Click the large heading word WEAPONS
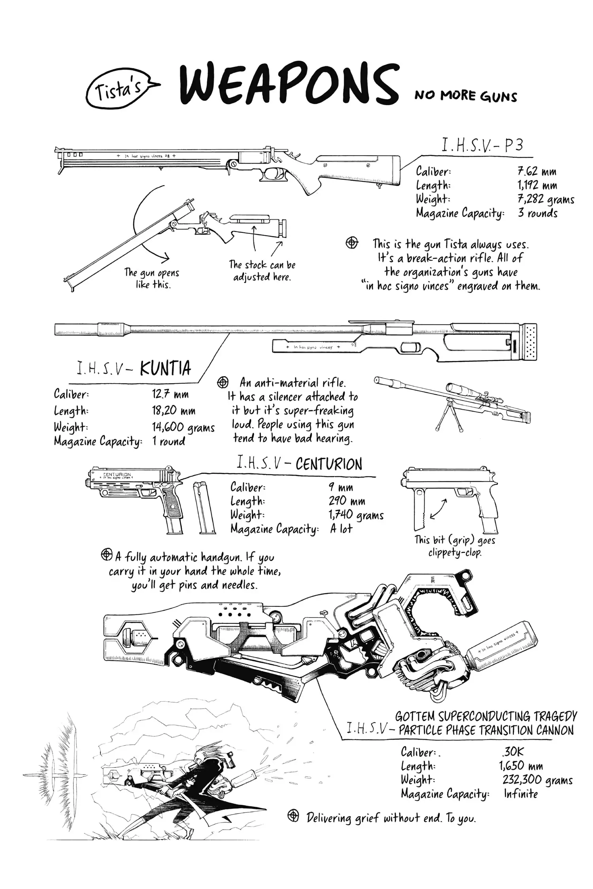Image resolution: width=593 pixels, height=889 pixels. pyautogui.click(x=289, y=87)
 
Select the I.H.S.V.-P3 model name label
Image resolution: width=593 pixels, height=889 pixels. pyautogui.click(x=482, y=146)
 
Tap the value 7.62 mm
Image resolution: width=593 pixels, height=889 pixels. pyautogui.click(x=537, y=172)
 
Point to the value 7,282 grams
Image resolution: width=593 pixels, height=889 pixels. pyautogui.click(x=546, y=200)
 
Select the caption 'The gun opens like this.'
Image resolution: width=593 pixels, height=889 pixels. pyautogui.click(x=152, y=279)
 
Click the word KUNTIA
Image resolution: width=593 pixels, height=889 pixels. pyautogui.click(x=165, y=368)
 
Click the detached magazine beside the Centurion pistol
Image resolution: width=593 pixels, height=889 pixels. pyautogui.click(x=204, y=507)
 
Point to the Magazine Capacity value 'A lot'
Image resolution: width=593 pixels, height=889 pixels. pyautogui.click(x=341, y=529)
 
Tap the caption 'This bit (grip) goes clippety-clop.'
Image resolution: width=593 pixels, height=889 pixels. pyautogui.click(x=455, y=546)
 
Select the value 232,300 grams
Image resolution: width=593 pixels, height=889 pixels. pyautogui.click(x=537, y=780)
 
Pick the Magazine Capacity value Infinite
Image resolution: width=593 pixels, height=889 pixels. pyautogui.click(x=521, y=794)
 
